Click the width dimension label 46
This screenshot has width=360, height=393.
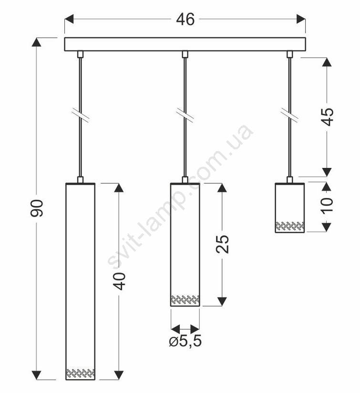tap(185, 19)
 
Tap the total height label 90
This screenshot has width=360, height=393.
tap(37, 208)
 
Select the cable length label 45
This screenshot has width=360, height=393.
tap(327, 117)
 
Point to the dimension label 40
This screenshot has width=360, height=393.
tap(119, 281)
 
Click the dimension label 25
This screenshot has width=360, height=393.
tap(222, 244)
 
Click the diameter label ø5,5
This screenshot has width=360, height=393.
tap(185, 341)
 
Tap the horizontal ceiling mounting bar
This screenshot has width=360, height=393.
tap(185, 44)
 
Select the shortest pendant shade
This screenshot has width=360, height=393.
tap(289, 208)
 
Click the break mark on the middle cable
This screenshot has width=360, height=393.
tap(185, 115)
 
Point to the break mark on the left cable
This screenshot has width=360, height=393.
tap(80, 115)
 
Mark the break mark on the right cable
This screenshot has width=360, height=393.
tap(289, 115)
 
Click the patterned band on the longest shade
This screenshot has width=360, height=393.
tap(81, 373)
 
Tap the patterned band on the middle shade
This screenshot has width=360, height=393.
tap(185, 300)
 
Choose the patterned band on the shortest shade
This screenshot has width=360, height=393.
tap(290, 227)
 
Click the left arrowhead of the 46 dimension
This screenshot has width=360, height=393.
tap(69, 19)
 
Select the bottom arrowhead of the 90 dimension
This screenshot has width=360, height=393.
tap(37, 375)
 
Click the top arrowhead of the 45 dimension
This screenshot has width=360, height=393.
tap(327, 62)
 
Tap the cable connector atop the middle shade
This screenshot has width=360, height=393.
tap(185, 180)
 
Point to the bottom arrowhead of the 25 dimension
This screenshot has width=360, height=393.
tap(222, 301)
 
